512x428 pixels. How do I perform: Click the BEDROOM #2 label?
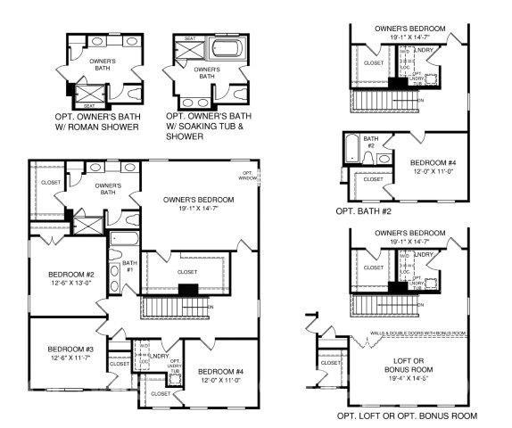click(58, 275)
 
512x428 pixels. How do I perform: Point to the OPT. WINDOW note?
click(247, 176)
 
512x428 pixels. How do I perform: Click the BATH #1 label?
click(129, 265)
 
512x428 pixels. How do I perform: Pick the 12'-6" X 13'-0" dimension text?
click(58, 284)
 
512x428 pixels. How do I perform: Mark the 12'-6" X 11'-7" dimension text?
click(58, 357)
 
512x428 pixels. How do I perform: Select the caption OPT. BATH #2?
click(363, 211)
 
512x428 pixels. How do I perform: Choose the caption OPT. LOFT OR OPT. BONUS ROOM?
click(406, 416)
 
